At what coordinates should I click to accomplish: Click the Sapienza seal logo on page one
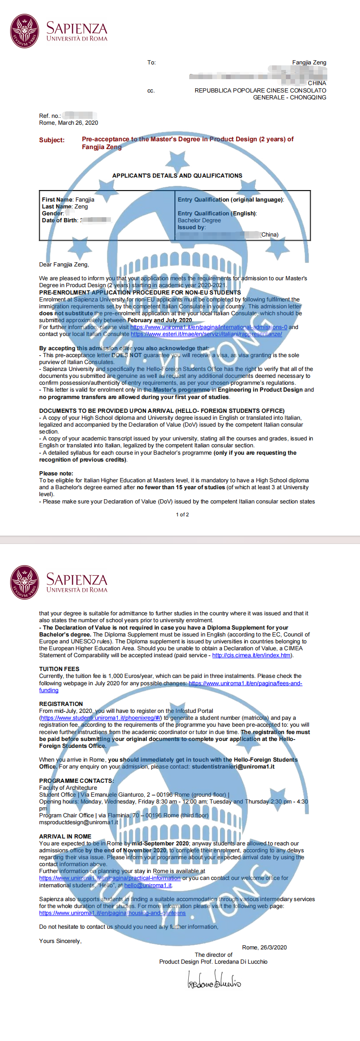25,31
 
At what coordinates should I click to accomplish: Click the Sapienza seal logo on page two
25,583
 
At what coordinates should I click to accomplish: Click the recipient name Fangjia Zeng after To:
309,63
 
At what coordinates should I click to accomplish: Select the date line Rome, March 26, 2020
69,123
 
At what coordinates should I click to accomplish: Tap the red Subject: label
52,140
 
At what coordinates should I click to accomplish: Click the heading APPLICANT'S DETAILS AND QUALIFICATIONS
177,176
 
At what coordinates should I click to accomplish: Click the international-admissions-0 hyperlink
209,327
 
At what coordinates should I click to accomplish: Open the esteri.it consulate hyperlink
206,334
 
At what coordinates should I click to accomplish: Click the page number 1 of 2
182,515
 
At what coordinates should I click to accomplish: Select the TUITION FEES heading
59,669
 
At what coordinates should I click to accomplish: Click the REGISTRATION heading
61,704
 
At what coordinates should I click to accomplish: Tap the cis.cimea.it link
251,655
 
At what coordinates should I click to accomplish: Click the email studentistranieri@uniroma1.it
233,767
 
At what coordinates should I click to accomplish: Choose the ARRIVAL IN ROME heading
65,837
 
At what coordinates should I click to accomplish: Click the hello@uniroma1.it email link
148,885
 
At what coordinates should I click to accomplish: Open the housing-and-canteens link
112,913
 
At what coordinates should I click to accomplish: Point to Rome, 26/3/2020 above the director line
264,948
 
